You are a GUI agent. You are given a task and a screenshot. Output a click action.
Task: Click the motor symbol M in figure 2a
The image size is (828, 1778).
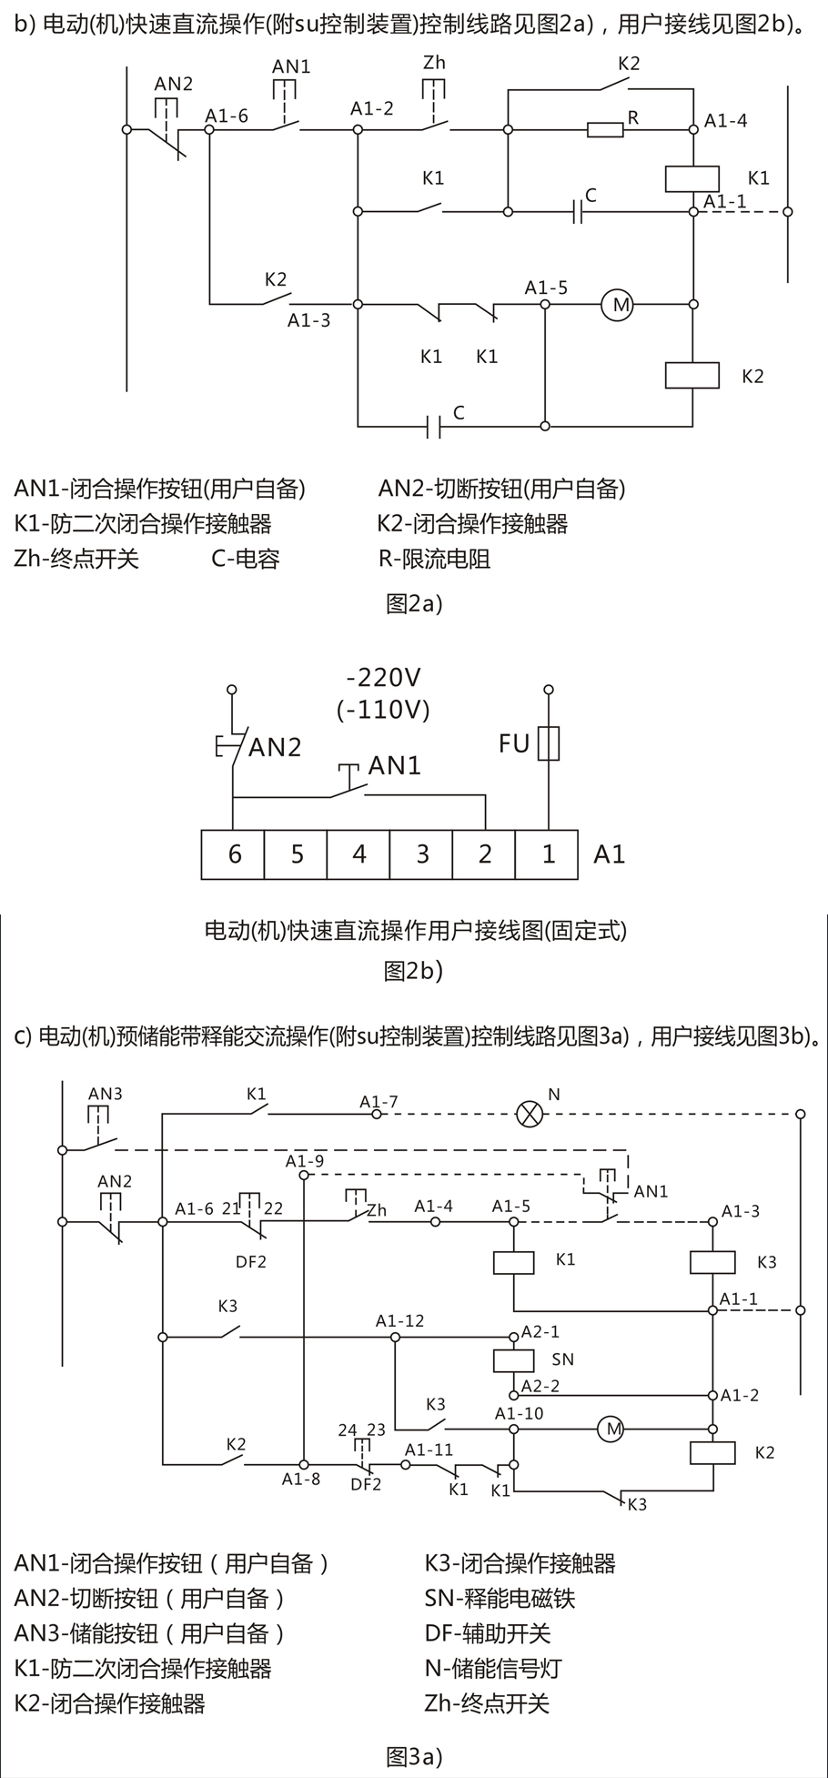[621, 304]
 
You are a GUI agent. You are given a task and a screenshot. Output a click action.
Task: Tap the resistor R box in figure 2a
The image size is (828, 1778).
[605, 130]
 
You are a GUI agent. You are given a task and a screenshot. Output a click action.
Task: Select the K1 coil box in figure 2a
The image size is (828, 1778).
[692, 178]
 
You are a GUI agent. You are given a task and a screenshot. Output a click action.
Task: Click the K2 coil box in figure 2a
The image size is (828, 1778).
[692, 375]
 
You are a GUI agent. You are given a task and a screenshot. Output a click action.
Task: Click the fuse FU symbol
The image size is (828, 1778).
[548, 743]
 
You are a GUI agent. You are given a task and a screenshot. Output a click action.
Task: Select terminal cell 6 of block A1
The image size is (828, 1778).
[233, 854]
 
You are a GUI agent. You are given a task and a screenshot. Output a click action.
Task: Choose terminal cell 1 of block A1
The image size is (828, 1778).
[547, 854]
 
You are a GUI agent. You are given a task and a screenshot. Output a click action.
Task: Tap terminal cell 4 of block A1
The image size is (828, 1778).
[358, 854]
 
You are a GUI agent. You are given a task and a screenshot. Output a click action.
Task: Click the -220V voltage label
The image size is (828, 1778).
[383, 677]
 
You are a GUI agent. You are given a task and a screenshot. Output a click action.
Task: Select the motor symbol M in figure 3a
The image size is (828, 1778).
[612, 1429]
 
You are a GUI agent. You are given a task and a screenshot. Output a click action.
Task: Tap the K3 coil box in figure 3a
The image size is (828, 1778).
[712, 1262]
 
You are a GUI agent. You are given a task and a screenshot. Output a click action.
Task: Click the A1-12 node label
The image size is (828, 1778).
[400, 1320]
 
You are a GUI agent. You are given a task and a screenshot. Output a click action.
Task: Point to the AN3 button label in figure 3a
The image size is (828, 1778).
[105, 1094]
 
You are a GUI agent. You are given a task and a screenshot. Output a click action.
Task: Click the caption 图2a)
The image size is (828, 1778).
[414, 602]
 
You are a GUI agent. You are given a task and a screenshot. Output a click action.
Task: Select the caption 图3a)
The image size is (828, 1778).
[414, 1753]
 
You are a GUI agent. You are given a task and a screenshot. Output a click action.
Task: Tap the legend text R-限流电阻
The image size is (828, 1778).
[435, 558]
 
